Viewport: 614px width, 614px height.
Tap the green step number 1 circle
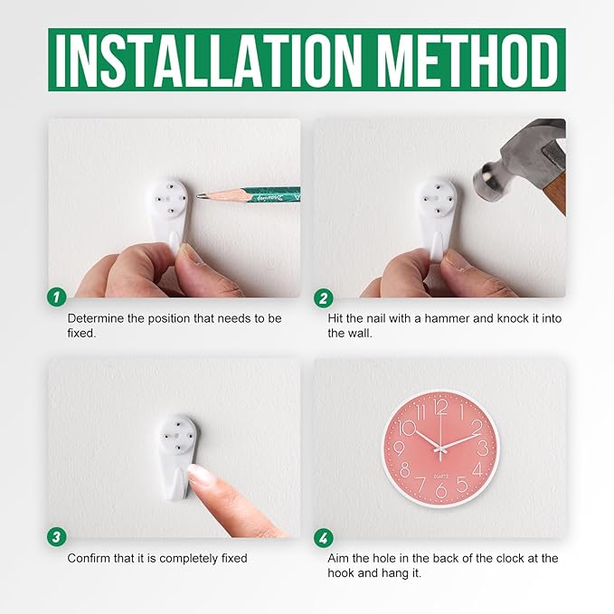pos(57,298)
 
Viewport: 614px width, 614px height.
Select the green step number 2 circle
pos(324,298)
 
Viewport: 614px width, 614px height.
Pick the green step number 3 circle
pos(57,536)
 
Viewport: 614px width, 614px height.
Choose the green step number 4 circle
pos(324,538)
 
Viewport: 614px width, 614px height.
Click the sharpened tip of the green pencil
pos(198,195)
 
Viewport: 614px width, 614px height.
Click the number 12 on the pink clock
pos(441,408)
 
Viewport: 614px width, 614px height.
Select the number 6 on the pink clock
pos(441,490)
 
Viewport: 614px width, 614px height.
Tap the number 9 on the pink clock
pos(399,449)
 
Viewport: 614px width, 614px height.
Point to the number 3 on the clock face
pos(483,449)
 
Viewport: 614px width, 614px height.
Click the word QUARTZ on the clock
pos(441,477)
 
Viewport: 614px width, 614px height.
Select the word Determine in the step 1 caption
pos(96,318)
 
